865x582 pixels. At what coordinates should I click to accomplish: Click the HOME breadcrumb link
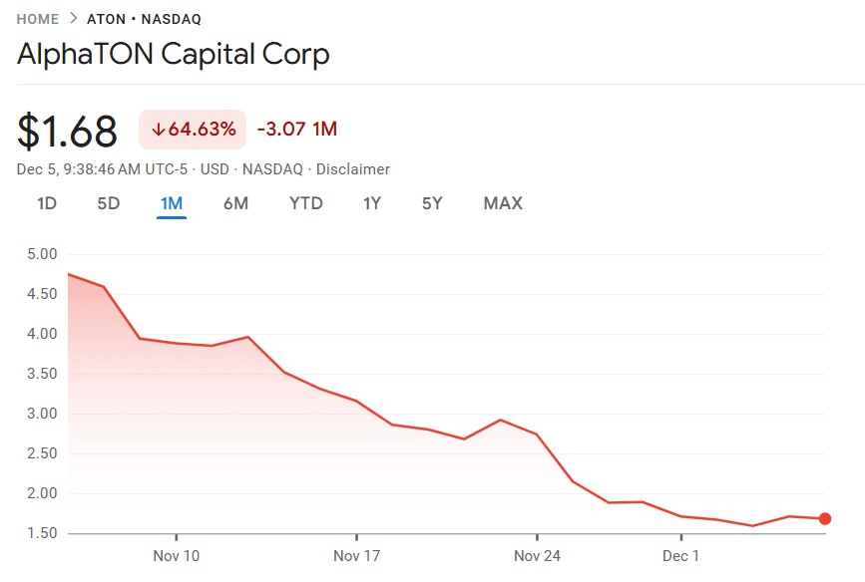click(38, 19)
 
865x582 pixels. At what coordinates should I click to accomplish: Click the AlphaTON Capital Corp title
click(173, 54)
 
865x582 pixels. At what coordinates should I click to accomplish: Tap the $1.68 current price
click(67, 131)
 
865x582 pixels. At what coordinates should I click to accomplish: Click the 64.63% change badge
click(193, 129)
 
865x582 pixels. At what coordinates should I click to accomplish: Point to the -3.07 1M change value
click(296, 129)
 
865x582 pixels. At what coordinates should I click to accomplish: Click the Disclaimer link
click(353, 169)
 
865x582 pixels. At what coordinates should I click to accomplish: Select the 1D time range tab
click(47, 203)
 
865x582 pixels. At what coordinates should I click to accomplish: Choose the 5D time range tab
click(108, 203)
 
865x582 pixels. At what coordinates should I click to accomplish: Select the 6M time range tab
click(235, 203)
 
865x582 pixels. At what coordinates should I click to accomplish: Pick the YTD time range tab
click(305, 203)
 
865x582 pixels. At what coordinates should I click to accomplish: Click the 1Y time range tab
click(372, 203)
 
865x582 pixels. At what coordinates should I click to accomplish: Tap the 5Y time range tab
click(432, 203)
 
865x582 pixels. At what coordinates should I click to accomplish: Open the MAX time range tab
click(503, 203)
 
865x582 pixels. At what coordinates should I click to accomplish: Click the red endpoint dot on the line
click(825, 518)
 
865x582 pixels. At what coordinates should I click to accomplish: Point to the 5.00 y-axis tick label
click(42, 254)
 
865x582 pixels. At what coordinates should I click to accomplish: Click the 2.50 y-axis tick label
click(42, 453)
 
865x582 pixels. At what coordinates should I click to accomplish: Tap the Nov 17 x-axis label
click(357, 555)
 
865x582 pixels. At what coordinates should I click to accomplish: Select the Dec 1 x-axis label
click(681, 555)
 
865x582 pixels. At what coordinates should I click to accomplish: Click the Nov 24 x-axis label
click(537, 555)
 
